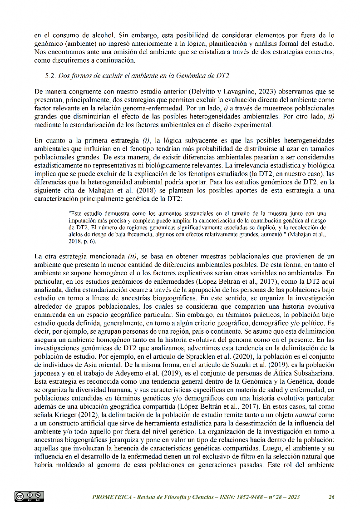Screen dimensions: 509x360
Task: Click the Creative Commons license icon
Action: coord(29,496)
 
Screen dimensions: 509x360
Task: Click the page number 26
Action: coord(332,497)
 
